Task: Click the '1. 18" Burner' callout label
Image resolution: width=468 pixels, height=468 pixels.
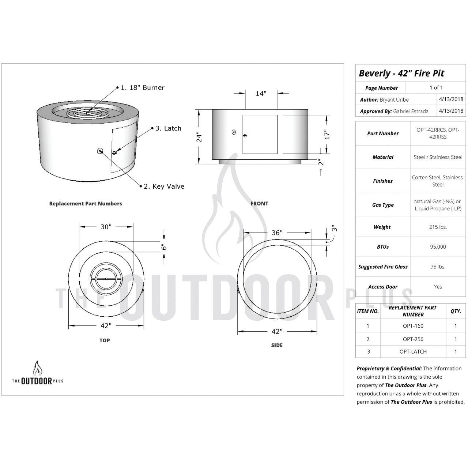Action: (x=143, y=88)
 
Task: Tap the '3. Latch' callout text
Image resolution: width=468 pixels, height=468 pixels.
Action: (x=168, y=128)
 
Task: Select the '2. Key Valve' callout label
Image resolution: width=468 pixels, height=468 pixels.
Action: (x=164, y=186)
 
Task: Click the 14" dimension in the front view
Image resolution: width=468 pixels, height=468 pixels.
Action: (x=261, y=94)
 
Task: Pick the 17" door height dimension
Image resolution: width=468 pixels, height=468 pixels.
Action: (x=328, y=133)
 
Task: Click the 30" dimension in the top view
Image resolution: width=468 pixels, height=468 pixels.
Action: (x=106, y=227)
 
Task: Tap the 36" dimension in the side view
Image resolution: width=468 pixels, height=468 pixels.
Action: (x=277, y=233)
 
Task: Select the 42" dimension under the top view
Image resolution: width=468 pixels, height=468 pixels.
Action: (x=106, y=325)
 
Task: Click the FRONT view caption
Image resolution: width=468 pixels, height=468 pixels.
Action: (x=259, y=204)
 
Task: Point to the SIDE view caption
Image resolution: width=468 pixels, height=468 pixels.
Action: (x=277, y=345)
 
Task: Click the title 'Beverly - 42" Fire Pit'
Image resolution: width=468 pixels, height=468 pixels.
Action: (x=401, y=73)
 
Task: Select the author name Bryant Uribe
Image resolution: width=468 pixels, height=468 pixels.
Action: (x=395, y=99)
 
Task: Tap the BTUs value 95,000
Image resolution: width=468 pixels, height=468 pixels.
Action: (x=438, y=247)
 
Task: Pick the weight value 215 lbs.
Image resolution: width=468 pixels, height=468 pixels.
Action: (x=438, y=227)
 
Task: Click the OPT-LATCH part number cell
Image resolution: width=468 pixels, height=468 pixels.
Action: (x=413, y=352)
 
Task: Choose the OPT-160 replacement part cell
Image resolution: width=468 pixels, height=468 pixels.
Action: (x=413, y=326)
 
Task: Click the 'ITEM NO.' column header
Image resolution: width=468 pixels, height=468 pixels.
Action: (x=368, y=311)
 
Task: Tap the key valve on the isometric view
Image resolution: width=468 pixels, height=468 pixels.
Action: (x=100, y=151)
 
